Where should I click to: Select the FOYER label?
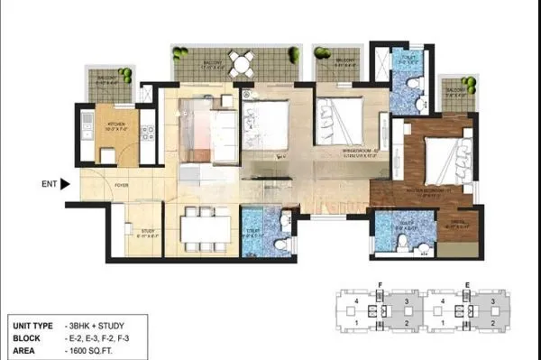click(120, 188)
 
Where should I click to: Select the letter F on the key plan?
click(381, 284)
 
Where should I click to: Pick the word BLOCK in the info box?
click(27, 335)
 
